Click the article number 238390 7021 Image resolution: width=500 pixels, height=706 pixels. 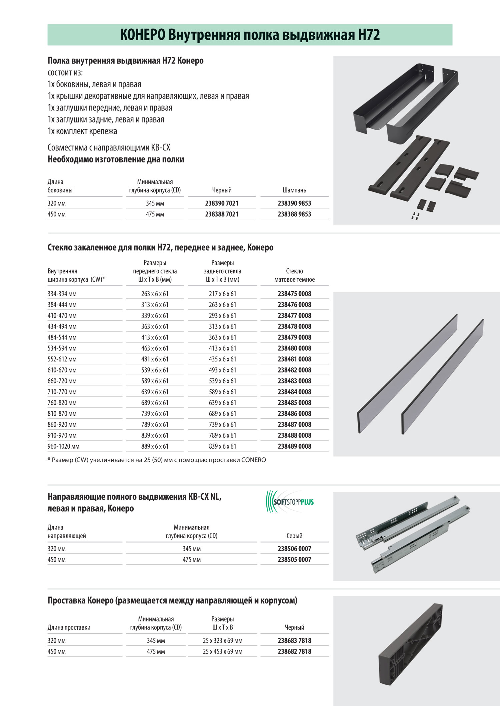pyautogui.click(x=222, y=203)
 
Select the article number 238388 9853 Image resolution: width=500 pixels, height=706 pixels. pyautogui.click(x=294, y=214)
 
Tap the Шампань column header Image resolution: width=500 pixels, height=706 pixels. pyautogui.click(x=294, y=190)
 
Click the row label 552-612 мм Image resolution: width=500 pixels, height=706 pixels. pyautogui.click(x=62, y=359)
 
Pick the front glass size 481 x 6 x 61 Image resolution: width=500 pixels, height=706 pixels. pyautogui.click(x=155, y=359)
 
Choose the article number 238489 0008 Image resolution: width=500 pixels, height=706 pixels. pyautogui.click(x=294, y=446)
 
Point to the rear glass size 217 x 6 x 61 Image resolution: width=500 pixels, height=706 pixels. pyautogui.click(x=222, y=294)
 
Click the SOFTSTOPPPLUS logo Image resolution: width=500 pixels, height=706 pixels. pyautogui.click(x=290, y=502)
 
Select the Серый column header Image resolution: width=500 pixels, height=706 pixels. pyautogui.click(x=294, y=536)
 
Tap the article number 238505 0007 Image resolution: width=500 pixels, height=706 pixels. pyautogui.click(x=294, y=560)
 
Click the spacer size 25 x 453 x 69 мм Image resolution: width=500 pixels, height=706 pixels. pyautogui.click(x=222, y=652)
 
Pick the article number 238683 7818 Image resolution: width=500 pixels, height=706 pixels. pyautogui.click(x=294, y=641)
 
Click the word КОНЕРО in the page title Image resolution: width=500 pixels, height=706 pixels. pyautogui.click(x=142, y=35)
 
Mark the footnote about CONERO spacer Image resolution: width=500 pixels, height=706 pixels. pyautogui.click(x=157, y=460)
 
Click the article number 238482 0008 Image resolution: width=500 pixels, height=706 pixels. pyautogui.click(x=294, y=370)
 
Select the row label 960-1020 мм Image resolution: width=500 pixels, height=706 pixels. pyautogui.click(x=63, y=446)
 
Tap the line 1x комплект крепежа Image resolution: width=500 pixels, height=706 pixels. pyautogui.click(x=82, y=131)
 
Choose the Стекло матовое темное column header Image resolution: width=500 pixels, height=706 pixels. pyautogui.click(x=294, y=275)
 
